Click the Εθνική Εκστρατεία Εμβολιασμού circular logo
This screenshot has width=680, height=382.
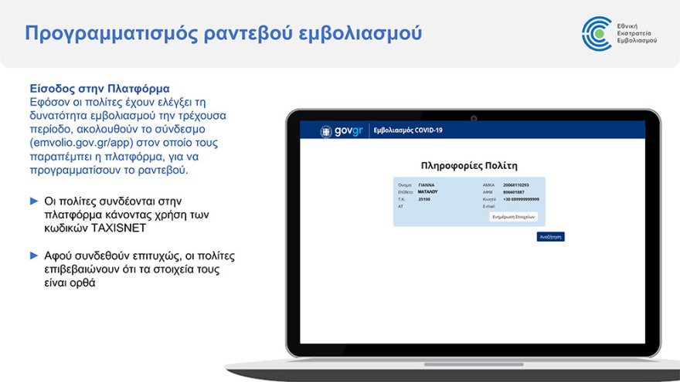pos(597,32)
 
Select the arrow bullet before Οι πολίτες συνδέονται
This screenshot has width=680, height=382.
pos(34,201)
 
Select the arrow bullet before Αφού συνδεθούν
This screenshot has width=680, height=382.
pos(34,255)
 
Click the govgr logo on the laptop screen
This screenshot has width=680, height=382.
pos(342,130)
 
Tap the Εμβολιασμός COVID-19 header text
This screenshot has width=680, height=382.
pos(408,130)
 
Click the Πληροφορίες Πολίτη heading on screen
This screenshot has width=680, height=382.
pos(469,165)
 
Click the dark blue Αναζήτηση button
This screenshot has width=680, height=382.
pos(550,237)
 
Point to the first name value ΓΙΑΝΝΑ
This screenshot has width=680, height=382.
pos(427,185)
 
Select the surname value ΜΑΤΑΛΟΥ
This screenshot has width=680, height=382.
pos(428,191)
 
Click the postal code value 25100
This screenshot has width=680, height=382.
pos(424,199)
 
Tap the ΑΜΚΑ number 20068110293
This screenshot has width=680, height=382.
pos(516,185)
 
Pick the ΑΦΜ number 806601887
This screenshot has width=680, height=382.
pos(514,192)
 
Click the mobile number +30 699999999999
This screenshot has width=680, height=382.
pos(521,199)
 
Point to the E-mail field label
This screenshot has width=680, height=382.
pos(488,206)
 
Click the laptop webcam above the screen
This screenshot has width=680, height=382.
pos(473,117)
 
